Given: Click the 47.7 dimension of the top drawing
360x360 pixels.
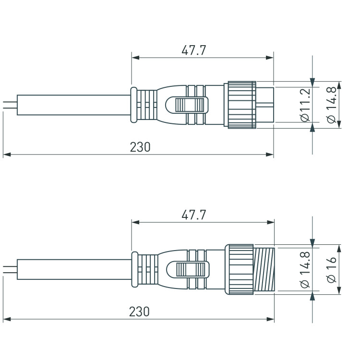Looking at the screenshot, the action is pos(194,50).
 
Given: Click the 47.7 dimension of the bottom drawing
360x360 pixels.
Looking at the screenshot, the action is pos(194,215).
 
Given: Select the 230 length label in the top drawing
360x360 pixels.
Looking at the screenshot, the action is pos(140,147).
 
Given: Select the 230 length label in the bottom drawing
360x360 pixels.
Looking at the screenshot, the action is pos(139,312).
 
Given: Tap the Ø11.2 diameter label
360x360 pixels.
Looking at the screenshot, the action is pos(305,105).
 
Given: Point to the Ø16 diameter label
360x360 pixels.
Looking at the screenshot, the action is pos(331,270).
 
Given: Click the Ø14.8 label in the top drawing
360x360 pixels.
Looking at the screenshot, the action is pos(331,105).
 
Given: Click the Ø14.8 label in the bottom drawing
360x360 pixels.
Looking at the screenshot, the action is pos(305,270).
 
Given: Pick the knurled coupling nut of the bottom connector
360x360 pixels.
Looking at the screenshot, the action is pos(239,269).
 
